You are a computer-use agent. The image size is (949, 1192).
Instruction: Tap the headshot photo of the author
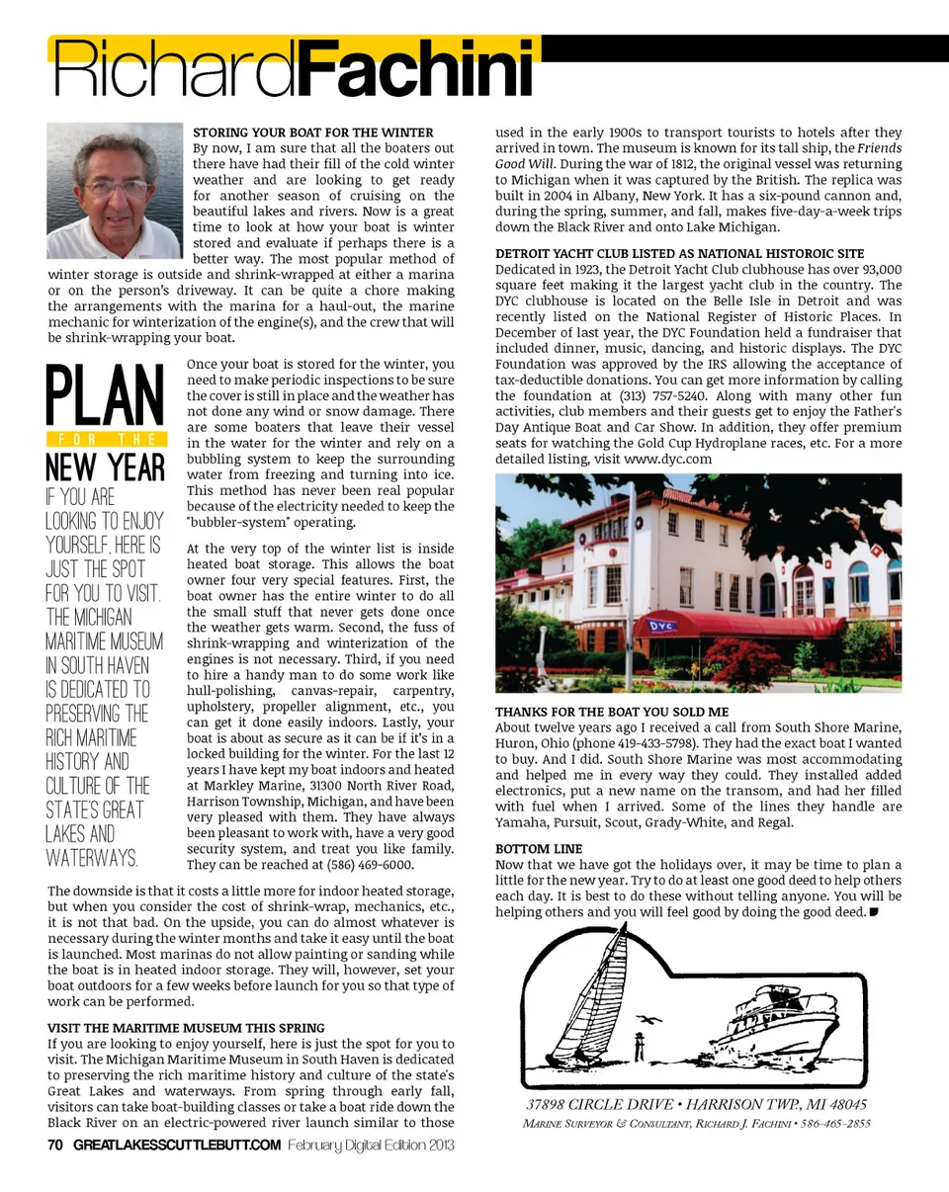[115, 190]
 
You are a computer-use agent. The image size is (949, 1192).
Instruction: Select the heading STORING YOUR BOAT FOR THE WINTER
[312, 132]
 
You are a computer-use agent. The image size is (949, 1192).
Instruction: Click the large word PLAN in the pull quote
[105, 396]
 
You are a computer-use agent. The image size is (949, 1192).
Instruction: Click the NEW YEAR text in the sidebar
[105, 468]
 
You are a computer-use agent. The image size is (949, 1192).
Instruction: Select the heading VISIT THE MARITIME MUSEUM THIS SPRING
[186, 1029]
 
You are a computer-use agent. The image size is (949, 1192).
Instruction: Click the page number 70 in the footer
[55, 1146]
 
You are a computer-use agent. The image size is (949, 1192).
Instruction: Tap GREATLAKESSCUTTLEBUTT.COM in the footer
[177, 1146]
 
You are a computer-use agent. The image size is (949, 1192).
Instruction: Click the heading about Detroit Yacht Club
[679, 254]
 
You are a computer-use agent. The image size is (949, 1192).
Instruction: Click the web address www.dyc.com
[667, 460]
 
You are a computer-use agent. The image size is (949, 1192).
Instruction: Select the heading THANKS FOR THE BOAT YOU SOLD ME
[611, 712]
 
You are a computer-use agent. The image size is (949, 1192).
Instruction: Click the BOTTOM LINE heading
[539, 849]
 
